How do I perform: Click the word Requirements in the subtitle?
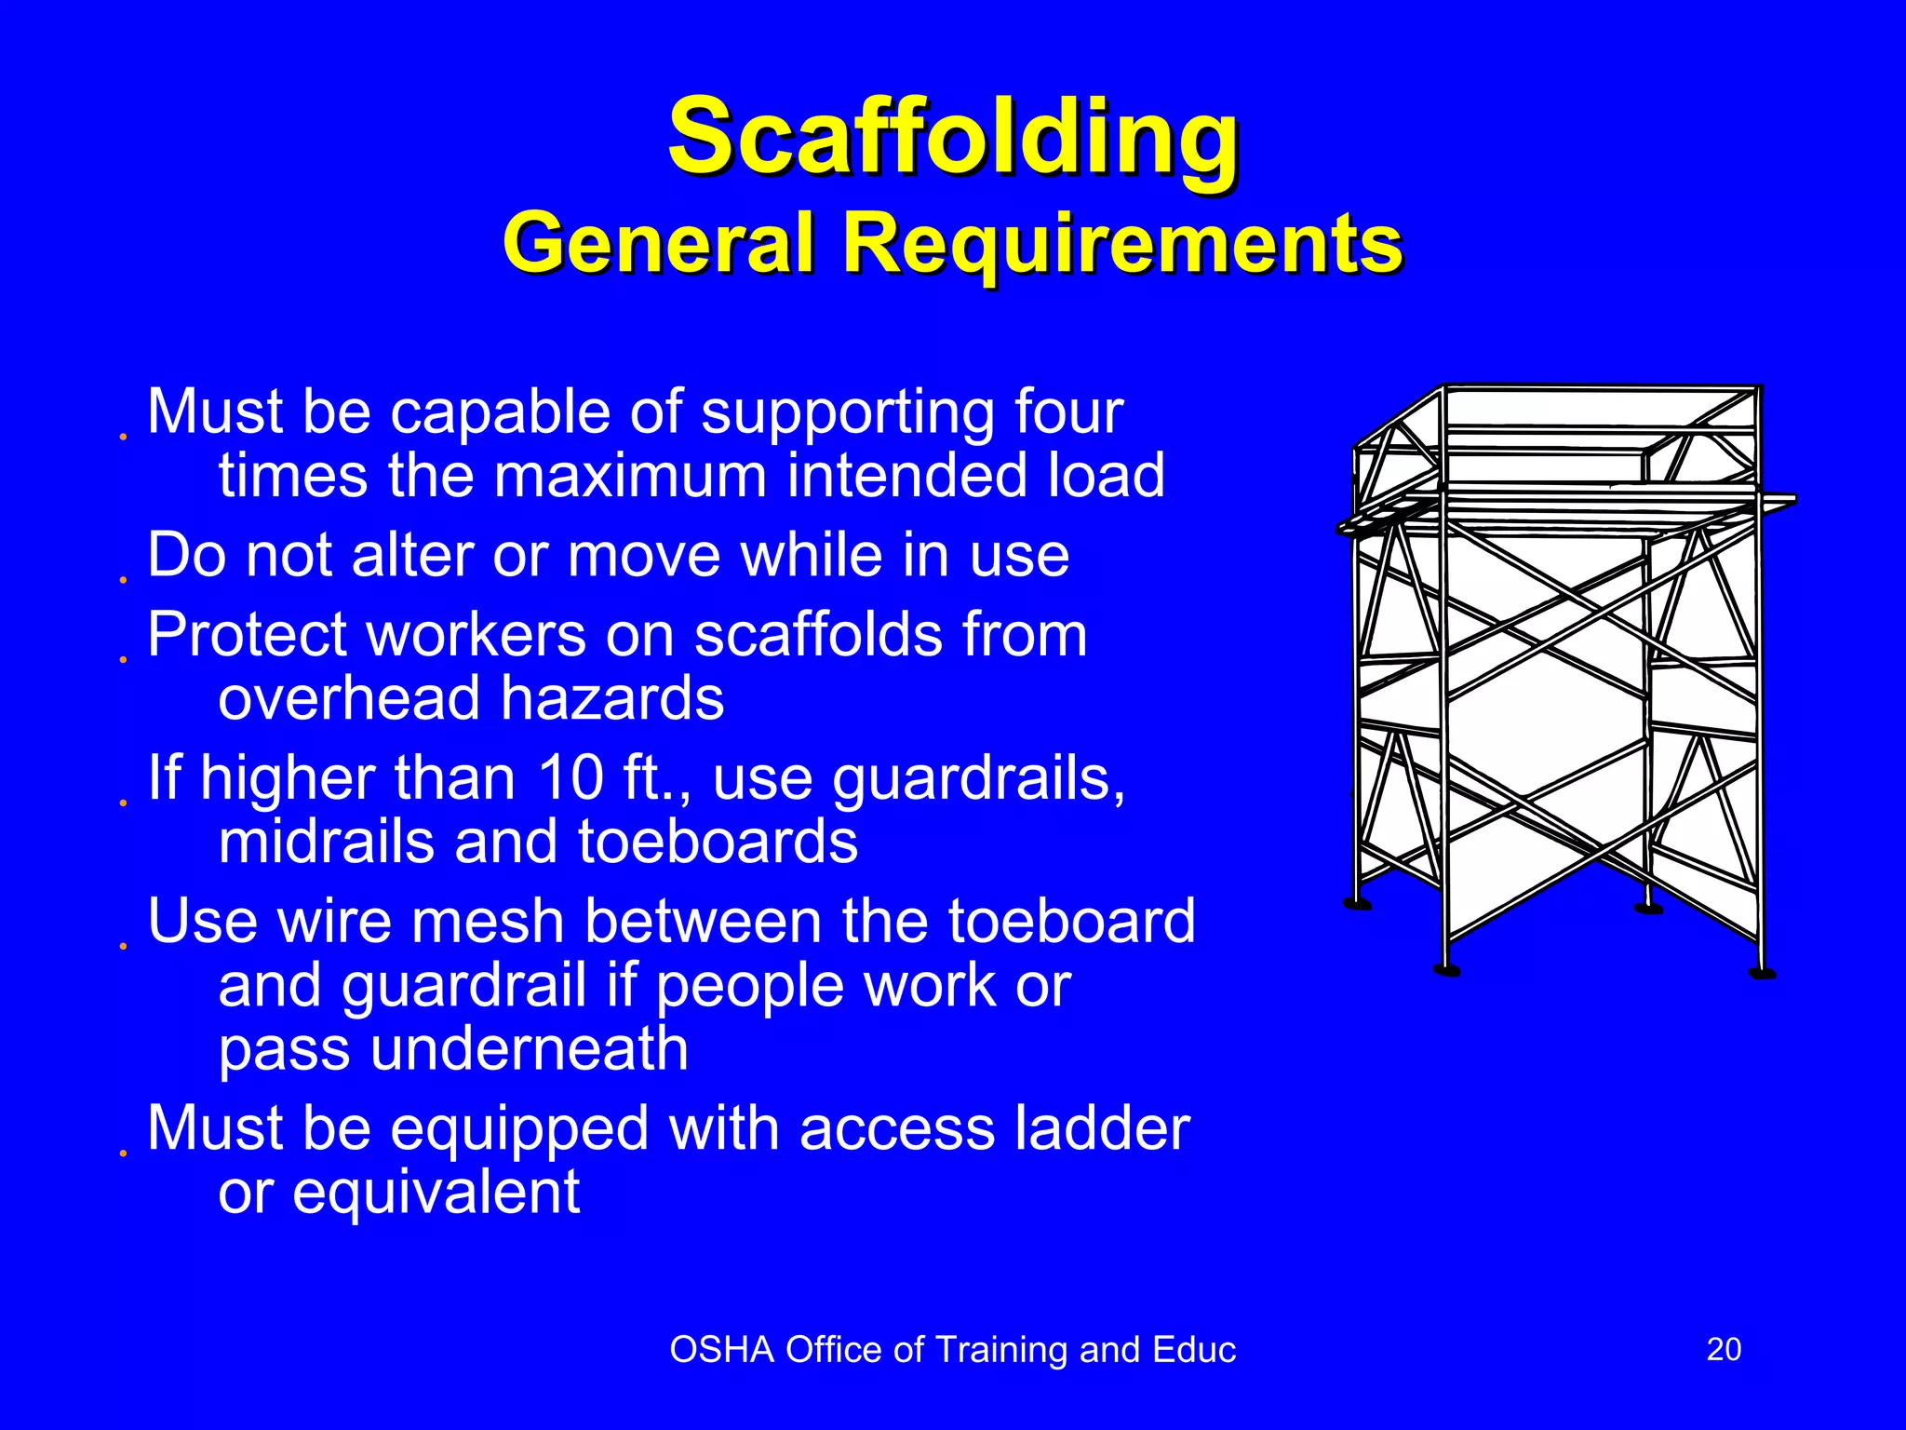coord(1122,242)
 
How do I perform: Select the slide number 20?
coord(1724,1349)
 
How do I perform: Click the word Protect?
coord(248,635)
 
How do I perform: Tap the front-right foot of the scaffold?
coord(1762,974)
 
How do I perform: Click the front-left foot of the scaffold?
coord(1446,970)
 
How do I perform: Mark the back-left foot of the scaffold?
coord(1358,903)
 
